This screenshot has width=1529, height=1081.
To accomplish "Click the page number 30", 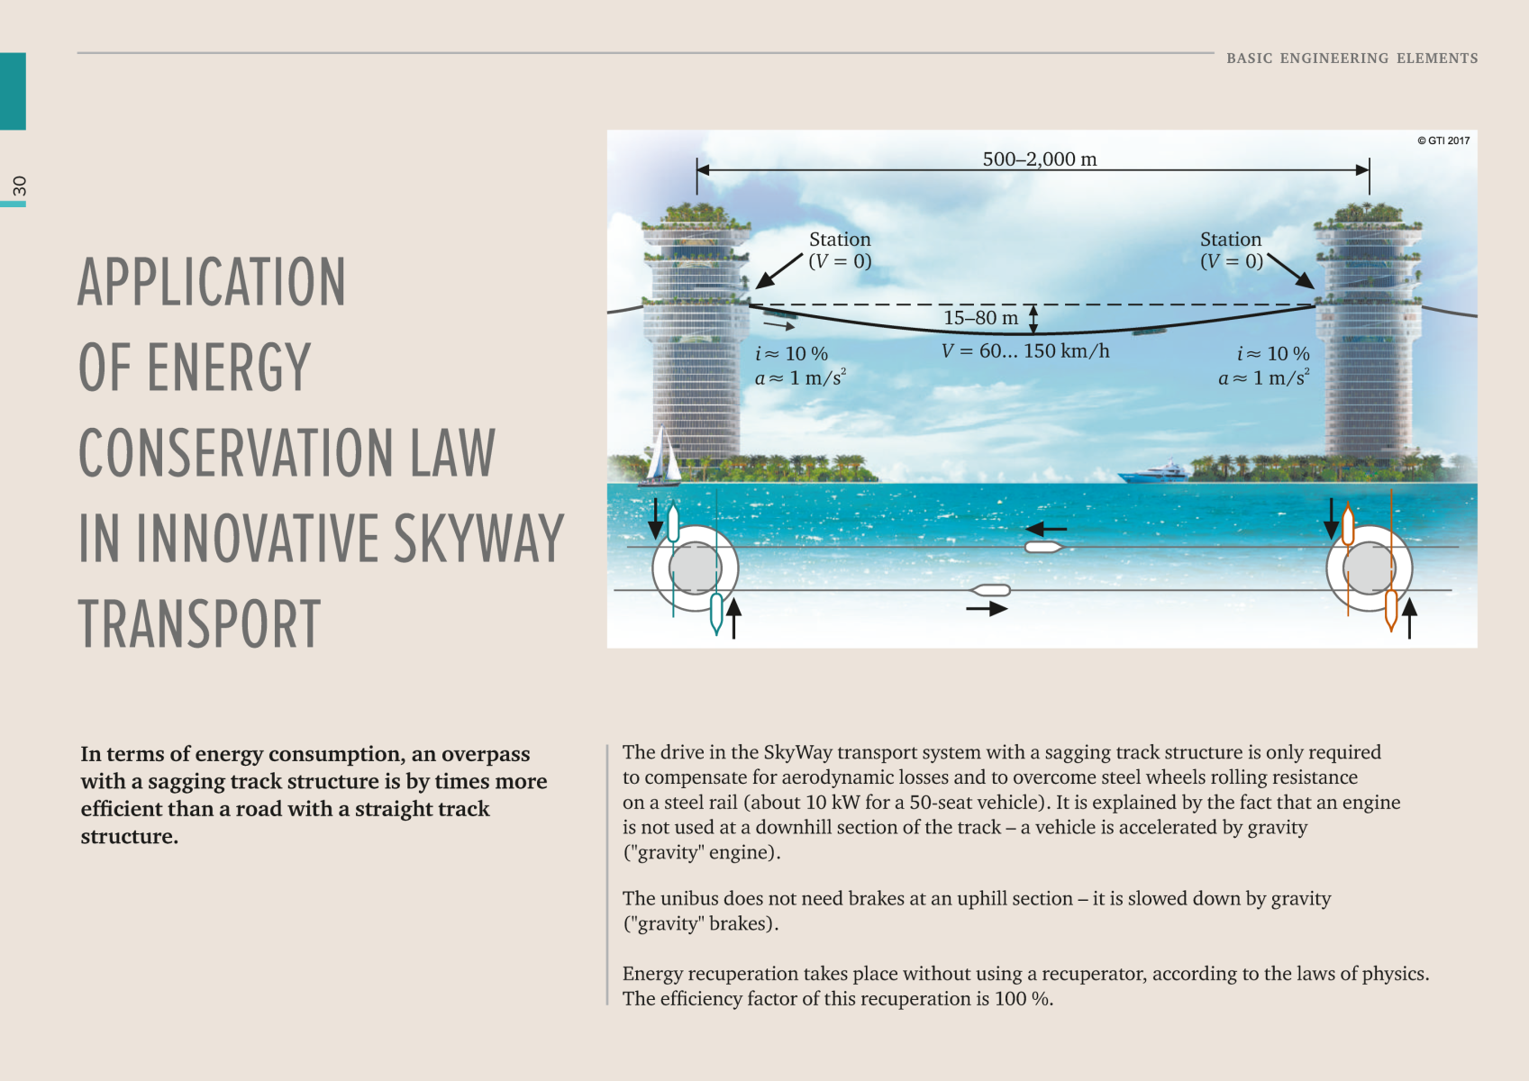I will click(19, 186).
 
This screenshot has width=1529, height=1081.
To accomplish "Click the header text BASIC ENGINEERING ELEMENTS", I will click(1352, 59).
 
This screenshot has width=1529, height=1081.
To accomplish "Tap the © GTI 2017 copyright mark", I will click(1443, 141).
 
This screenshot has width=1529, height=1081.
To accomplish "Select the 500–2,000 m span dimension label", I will click(1039, 159).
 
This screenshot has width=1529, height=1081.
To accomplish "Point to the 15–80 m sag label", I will click(980, 318).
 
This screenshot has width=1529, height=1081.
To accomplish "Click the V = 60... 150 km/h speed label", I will click(1025, 351).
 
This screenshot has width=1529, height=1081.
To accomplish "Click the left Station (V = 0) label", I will click(840, 250).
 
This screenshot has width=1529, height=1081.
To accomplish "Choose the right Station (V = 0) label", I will click(1231, 250).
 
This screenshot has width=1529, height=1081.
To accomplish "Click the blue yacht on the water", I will click(1154, 471).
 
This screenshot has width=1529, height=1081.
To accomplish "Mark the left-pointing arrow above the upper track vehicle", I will click(1046, 529).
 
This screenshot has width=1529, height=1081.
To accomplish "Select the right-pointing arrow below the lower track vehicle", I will click(987, 609).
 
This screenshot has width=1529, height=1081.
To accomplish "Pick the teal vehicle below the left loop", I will click(716, 612).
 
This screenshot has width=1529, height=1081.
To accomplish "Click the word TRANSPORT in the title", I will click(199, 623).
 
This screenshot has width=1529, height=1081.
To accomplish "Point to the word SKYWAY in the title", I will click(478, 539).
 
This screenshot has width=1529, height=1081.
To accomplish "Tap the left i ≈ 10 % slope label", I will click(791, 354).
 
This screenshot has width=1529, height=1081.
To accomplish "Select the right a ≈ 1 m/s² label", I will click(1263, 378).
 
